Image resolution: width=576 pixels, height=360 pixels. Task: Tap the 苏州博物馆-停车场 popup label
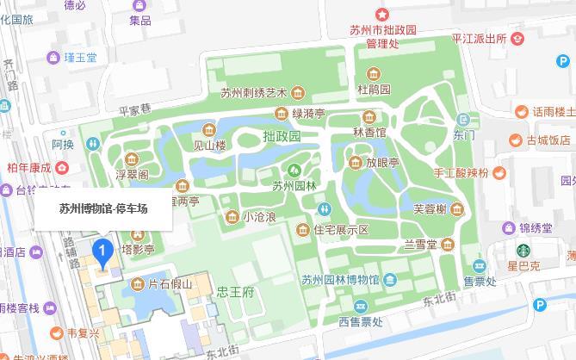tap(103, 208)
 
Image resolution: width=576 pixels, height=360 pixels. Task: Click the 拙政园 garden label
tap(282, 136)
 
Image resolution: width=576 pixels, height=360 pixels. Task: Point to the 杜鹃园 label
tap(375, 89)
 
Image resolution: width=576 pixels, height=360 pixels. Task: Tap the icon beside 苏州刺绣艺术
tap(297, 93)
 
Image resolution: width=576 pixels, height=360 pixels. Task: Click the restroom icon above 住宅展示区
tap(325, 209)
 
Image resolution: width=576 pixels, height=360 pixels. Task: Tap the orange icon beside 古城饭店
tap(515, 140)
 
